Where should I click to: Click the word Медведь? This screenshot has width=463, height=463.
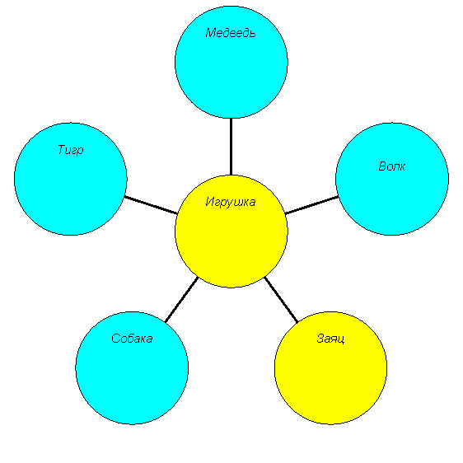(231, 33)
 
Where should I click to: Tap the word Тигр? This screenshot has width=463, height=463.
(71, 150)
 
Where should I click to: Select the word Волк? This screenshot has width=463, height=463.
(392, 166)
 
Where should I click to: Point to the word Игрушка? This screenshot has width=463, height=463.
(231, 203)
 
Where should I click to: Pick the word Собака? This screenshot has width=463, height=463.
(132, 339)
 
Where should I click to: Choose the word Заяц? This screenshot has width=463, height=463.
(330, 339)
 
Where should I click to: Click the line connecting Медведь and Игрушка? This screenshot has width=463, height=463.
(231, 147)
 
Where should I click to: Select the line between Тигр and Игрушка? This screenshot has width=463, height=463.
(152, 205)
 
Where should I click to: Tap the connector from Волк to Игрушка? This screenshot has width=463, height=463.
(311, 205)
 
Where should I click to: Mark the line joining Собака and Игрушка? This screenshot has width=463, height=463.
(181, 300)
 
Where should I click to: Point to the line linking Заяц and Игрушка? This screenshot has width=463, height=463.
(281, 299)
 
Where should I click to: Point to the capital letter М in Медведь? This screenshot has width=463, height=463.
(211, 33)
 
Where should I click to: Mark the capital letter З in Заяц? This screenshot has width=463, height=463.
(320, 339)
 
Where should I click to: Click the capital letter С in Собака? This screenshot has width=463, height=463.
(115, 339)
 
